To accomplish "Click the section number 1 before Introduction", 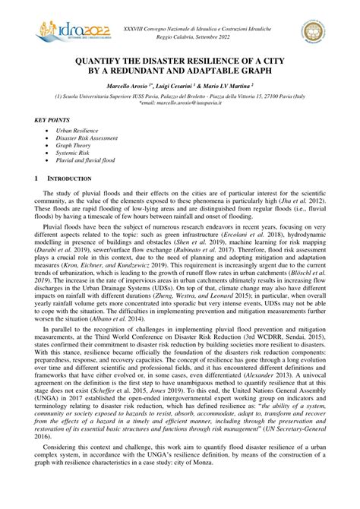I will (x=38, y=179).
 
